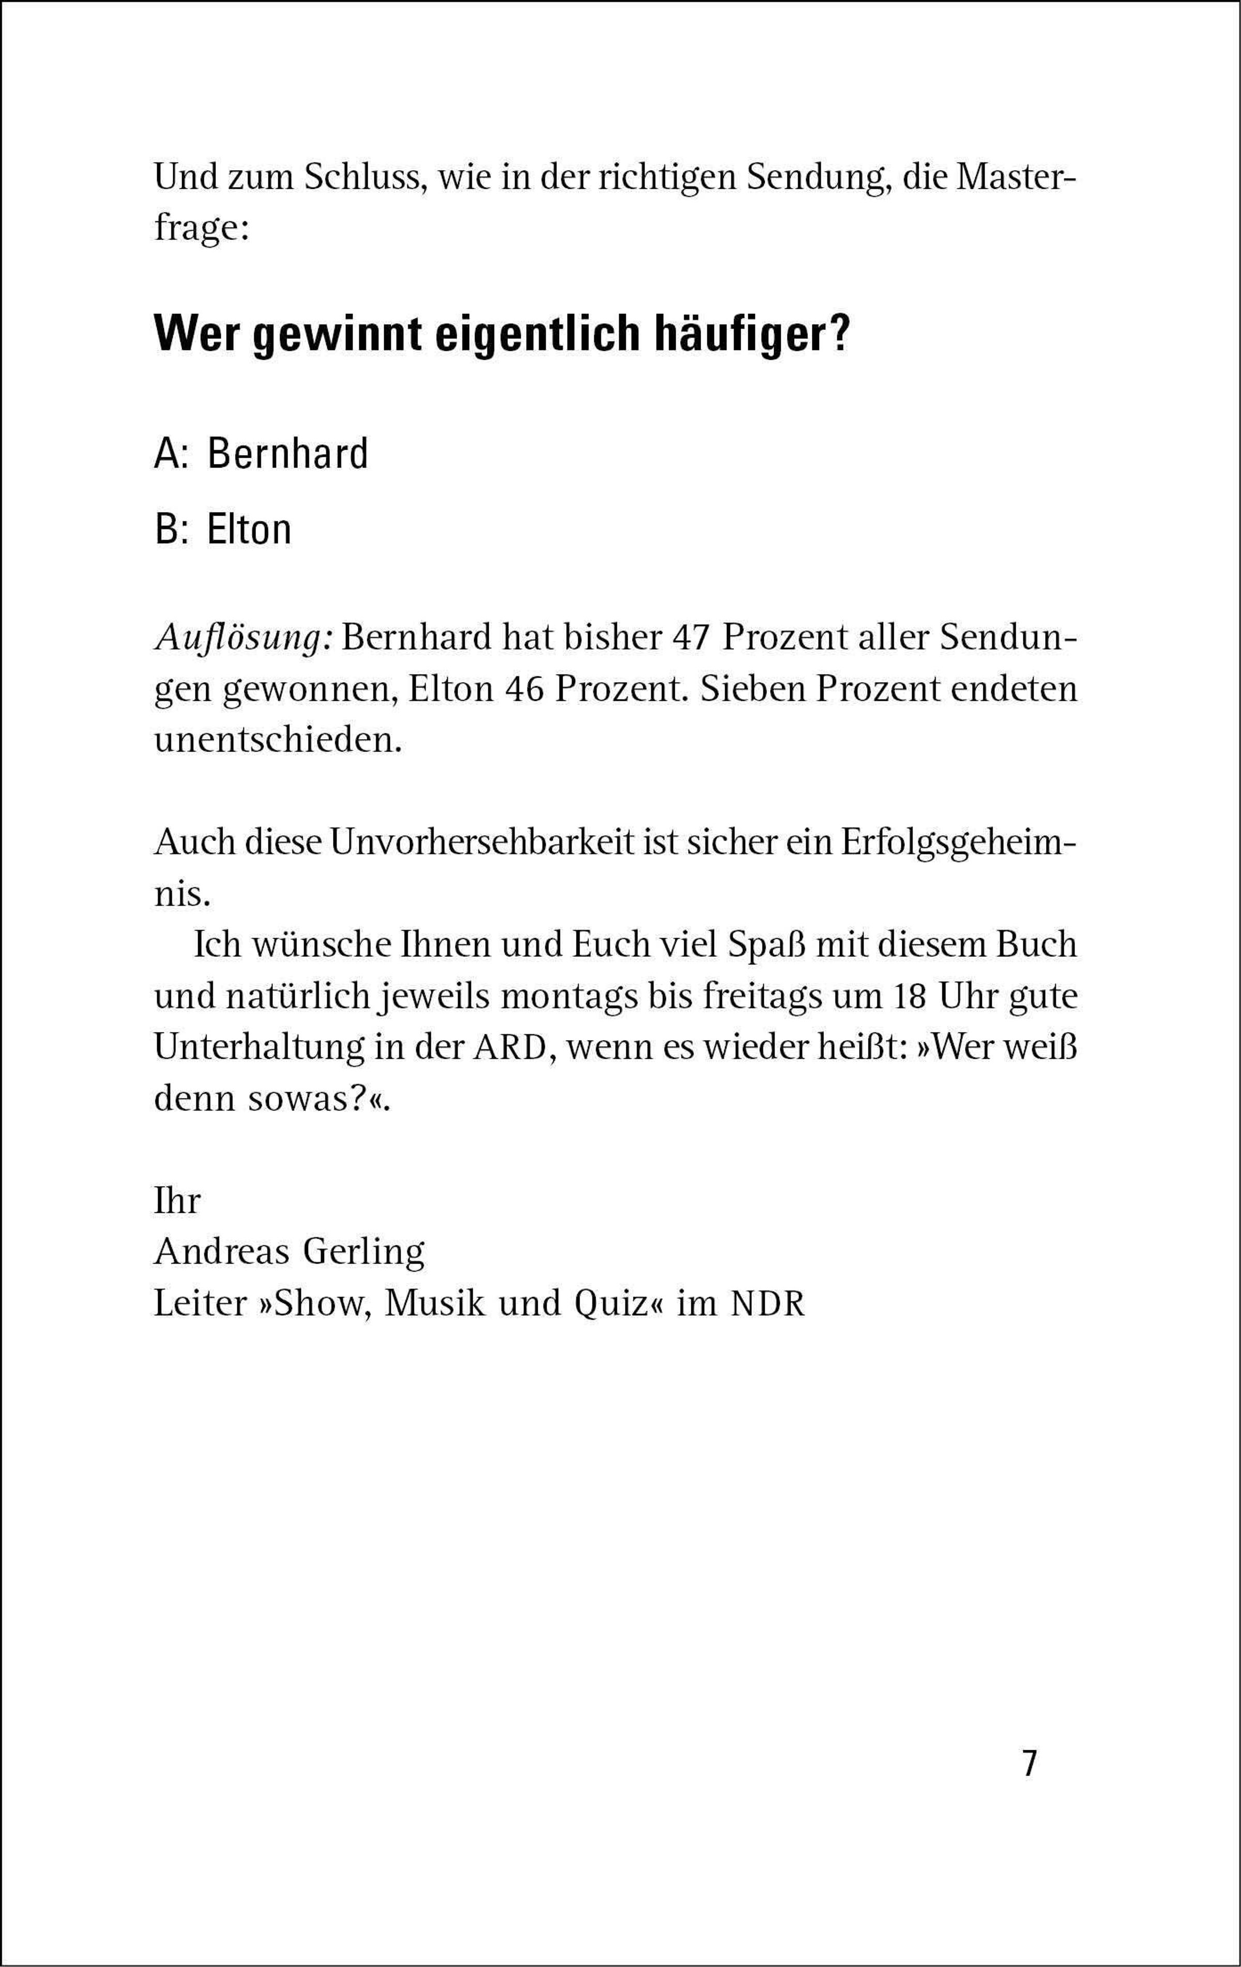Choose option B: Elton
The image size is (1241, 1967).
tap(223, 529)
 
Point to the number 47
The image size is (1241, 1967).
tap(691, 637)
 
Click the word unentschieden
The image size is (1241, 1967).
tap(278, 741)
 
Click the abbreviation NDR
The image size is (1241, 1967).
tap(767, 1304)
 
